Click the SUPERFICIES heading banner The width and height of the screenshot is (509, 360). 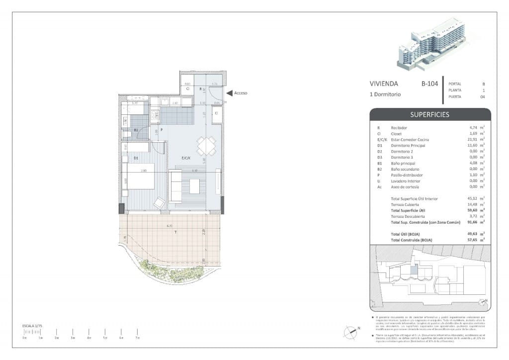coord(429,114)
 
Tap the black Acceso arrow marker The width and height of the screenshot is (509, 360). coord(229,93)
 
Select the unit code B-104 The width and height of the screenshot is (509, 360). coord(429,84)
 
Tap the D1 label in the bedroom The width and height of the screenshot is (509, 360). coord(136,158)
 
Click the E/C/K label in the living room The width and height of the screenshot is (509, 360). coord(186,158)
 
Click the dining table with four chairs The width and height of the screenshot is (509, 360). coord(206,146)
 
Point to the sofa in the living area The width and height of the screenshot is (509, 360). coord(175,186)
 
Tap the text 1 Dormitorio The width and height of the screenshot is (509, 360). coord(385,94)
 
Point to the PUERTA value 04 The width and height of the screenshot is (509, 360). coord(483,97)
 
